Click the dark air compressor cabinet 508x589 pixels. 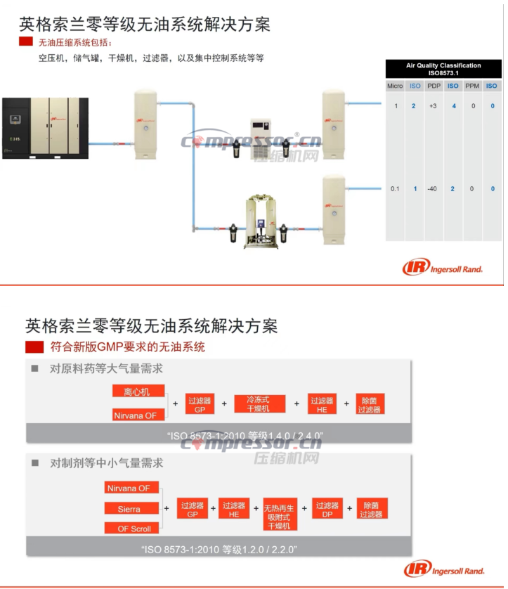point(45,128)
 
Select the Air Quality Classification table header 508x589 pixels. point(443,69)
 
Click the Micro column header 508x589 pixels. point(395,86)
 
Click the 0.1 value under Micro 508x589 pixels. point(396,189)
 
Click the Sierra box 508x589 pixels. point(129,509)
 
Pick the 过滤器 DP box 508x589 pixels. point(327,509)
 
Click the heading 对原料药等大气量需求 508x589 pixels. point(106,368)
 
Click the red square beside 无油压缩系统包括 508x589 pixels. point(25,43)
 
